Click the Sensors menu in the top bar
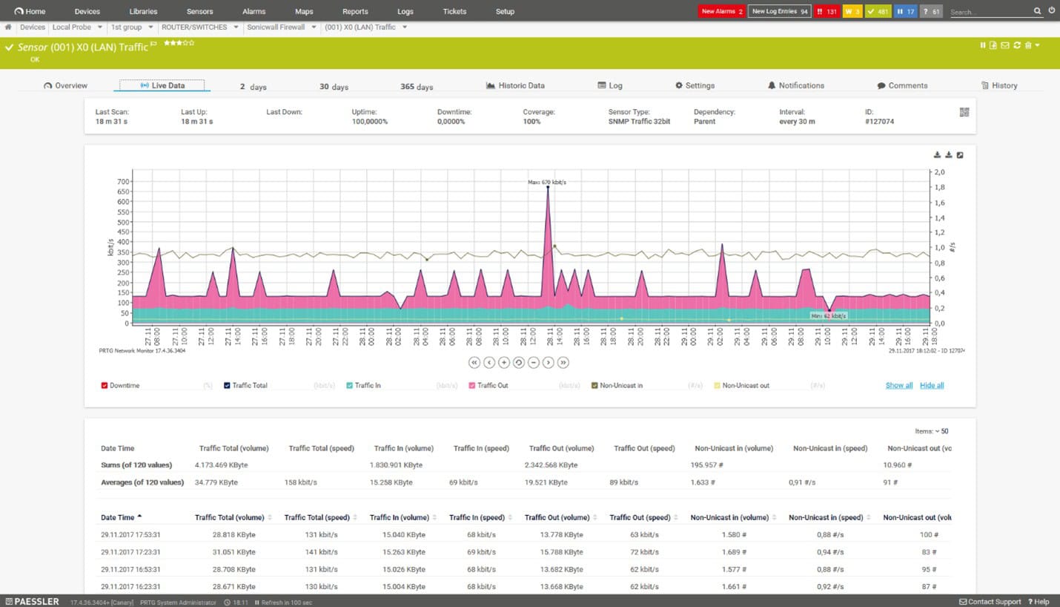[199, 12]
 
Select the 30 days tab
[334, 87]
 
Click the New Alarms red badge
[722, 12]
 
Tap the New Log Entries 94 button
[779, 12]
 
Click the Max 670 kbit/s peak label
[547, 182]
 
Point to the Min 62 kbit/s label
[828, 315]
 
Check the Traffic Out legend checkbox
[472, 386]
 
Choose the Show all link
[898, 386]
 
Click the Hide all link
[932, 386]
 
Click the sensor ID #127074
[879, 121]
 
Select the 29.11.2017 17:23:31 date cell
[130, 552]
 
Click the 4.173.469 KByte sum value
[221, 465]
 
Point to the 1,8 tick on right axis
[939, 188]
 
